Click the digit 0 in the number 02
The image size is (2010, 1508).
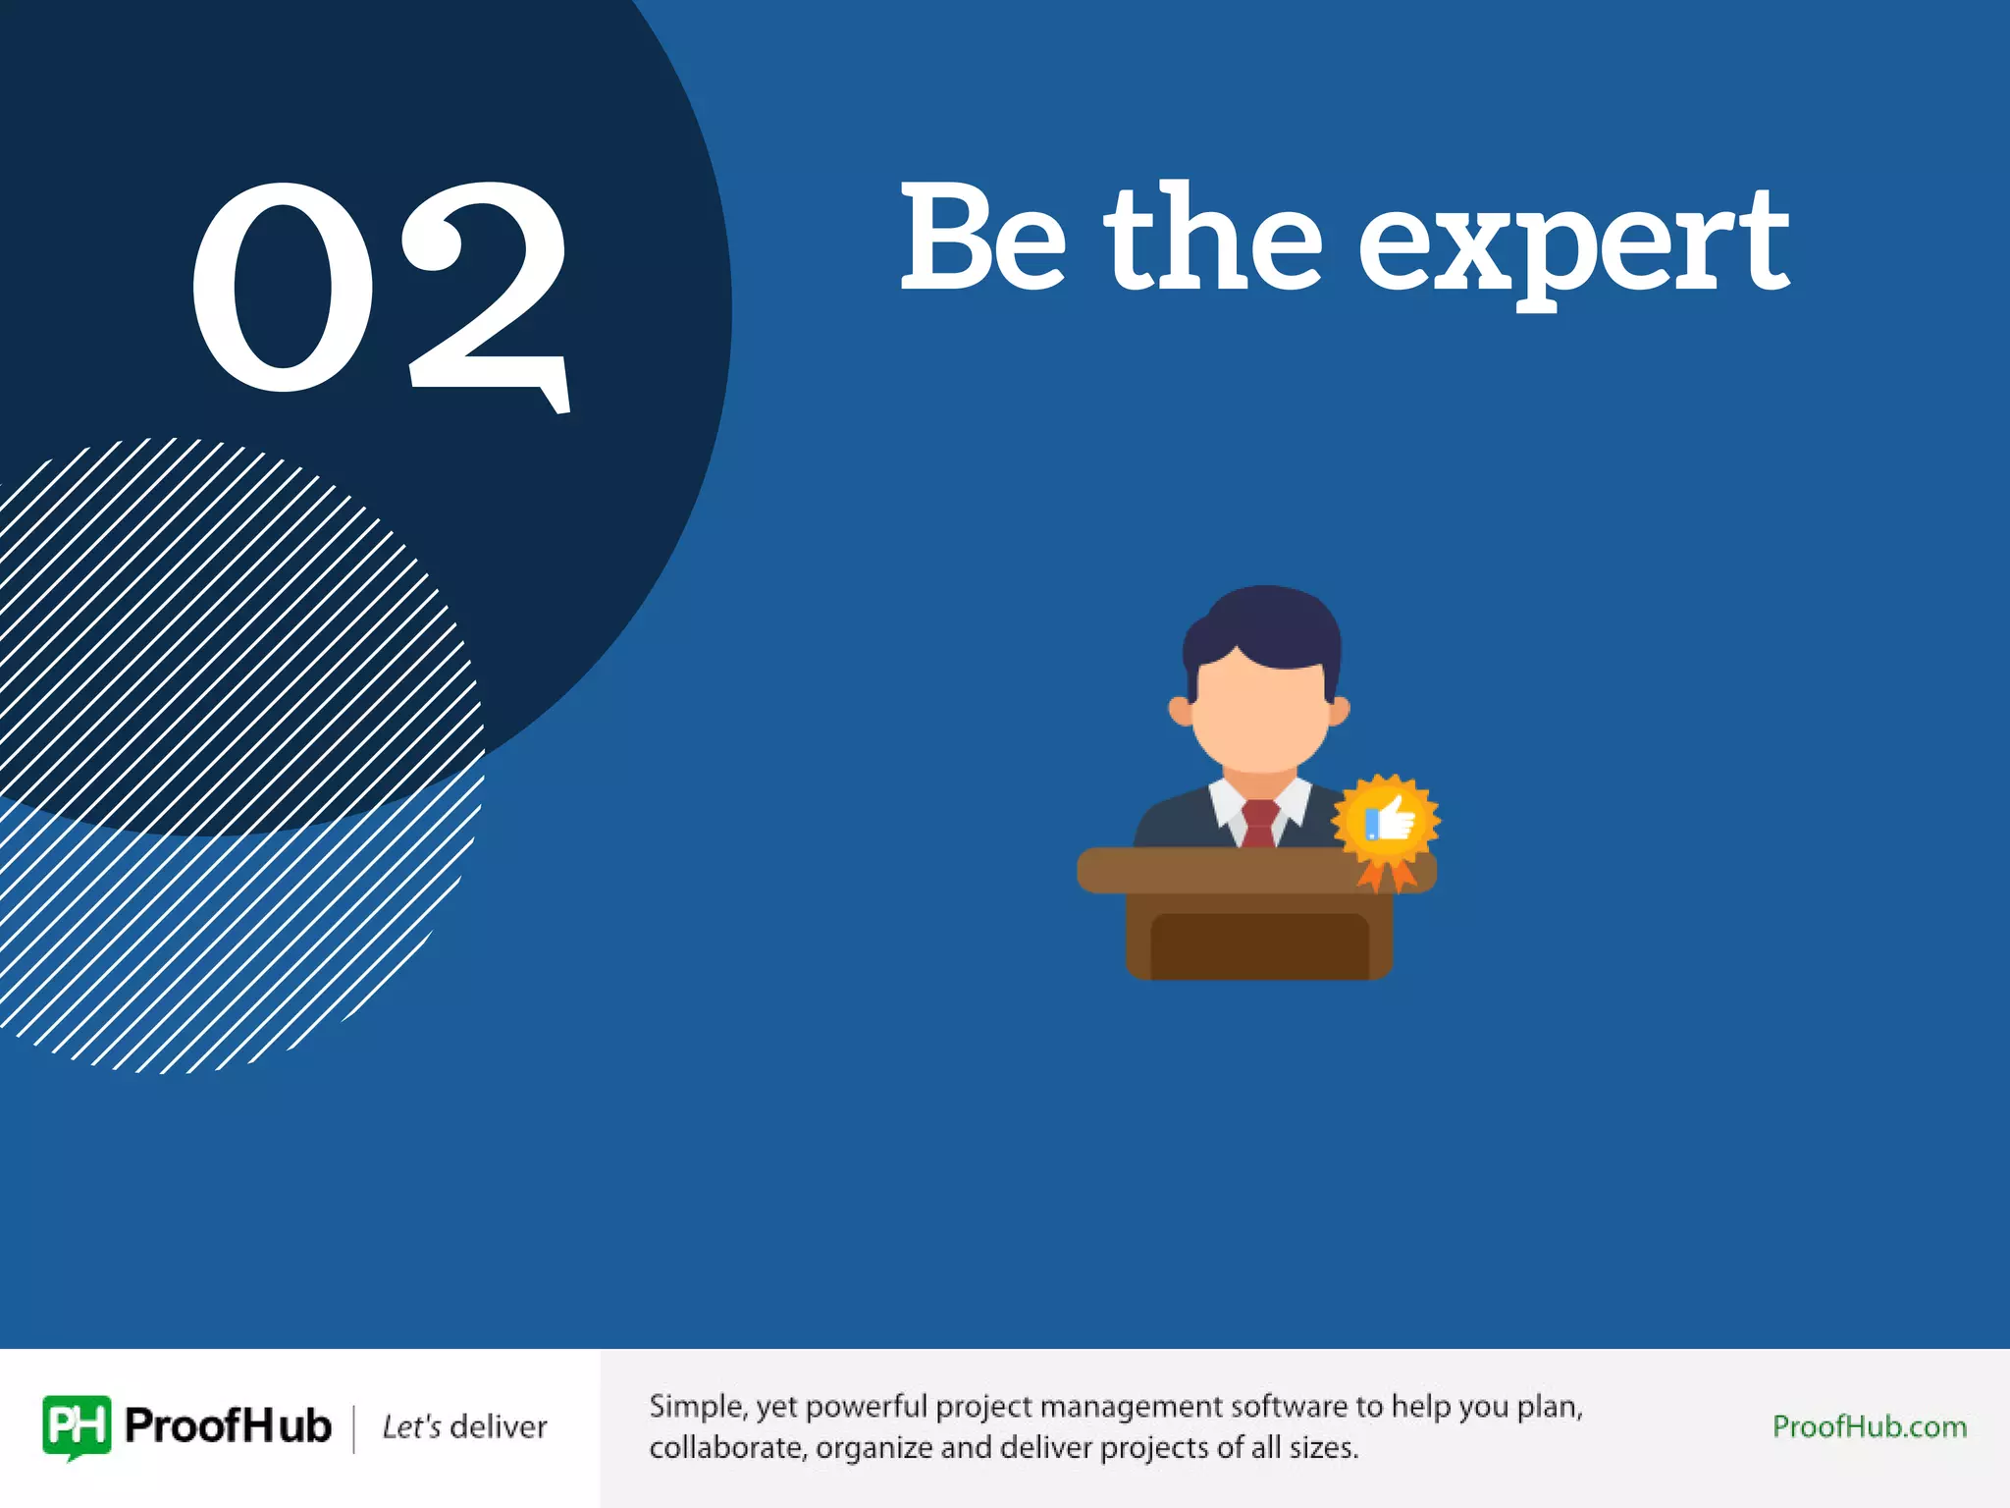pos(284,287)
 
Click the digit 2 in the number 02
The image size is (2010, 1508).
pos(489,295)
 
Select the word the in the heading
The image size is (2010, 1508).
pos(1213,238)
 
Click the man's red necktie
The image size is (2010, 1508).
pos(1259,823)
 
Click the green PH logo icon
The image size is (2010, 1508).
pos(77,1426)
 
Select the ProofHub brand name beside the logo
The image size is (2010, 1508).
pos(229,1426)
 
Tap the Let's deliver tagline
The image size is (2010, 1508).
pos(464,1427)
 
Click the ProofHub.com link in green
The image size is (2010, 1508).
pos(1869,1427)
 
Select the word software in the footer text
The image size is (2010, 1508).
pos(1289,1407)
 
